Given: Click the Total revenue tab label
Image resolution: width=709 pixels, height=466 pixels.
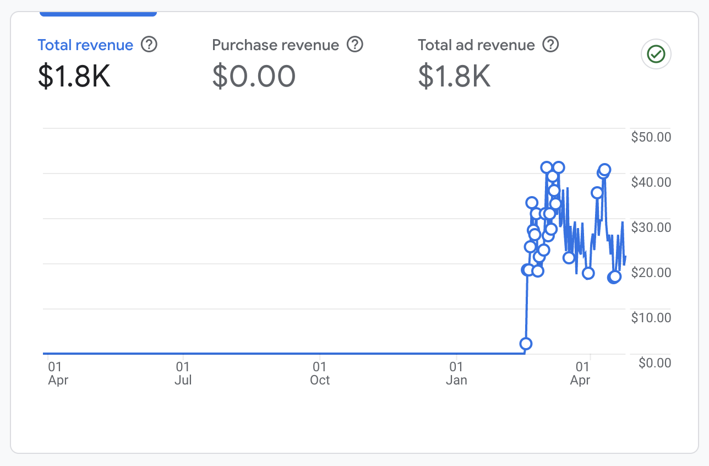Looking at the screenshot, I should (x=85, y=45).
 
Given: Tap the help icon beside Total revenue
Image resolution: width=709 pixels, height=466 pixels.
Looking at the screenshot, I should (x=149, y=45).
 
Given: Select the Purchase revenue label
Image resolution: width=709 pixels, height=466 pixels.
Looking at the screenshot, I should (x=275, y=45).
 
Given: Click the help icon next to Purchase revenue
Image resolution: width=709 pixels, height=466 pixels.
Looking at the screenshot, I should (x=355, y=45).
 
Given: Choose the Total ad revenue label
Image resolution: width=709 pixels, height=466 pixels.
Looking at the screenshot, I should (x=476, y=45).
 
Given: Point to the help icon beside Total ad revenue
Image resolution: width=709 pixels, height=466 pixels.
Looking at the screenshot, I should (x=550, y=45).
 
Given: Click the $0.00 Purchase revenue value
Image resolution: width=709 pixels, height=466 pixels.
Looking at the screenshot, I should (x=254, y=77).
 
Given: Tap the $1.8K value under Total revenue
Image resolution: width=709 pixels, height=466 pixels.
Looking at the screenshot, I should (x=74, y=77).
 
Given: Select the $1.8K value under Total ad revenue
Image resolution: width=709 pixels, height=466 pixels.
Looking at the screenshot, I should (x=455, y=77).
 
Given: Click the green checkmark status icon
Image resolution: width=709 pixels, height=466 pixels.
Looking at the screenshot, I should (x=656, y=54).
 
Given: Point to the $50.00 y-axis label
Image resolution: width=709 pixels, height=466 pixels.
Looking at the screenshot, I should (x=651, y=137).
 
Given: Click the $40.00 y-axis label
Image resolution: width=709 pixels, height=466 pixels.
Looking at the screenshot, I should (x=651, y=182).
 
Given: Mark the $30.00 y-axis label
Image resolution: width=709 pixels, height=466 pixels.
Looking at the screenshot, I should (x=651, y=227).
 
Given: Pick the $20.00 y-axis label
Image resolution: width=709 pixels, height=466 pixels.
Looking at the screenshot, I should (x=651, y=273).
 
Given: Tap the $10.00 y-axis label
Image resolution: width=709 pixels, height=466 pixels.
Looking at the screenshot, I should (x=651, y=318).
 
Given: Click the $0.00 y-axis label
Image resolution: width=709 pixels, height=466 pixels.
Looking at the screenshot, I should (x=655, y=363).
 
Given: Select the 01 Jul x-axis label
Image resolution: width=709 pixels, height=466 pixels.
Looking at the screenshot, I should (x=183, y=373).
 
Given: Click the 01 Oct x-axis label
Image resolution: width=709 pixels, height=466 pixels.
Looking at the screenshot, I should (x=320, y=373).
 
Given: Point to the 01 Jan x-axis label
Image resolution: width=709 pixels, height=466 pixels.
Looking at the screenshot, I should (x=456, y=373).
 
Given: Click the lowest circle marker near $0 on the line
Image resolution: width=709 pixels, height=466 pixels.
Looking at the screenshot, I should (x=526, y=344).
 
